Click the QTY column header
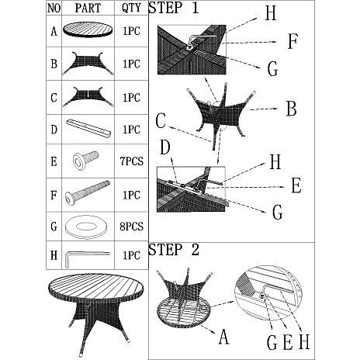pos(131,8)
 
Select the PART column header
pos(88,8)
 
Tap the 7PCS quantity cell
pos(131,161)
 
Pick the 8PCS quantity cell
pos(131,227)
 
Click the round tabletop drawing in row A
pos(88,29)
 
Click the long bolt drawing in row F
pos(88,193)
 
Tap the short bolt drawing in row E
pos(85,161)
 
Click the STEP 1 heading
pos(174,8)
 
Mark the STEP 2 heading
pos(174,250)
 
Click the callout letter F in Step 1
pos(292,41)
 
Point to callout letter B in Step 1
pos(292,109)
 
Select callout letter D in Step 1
pos(165,147)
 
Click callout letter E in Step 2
pos(288,342)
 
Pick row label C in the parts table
pos(54,98)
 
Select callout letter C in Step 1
pos(161,120)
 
